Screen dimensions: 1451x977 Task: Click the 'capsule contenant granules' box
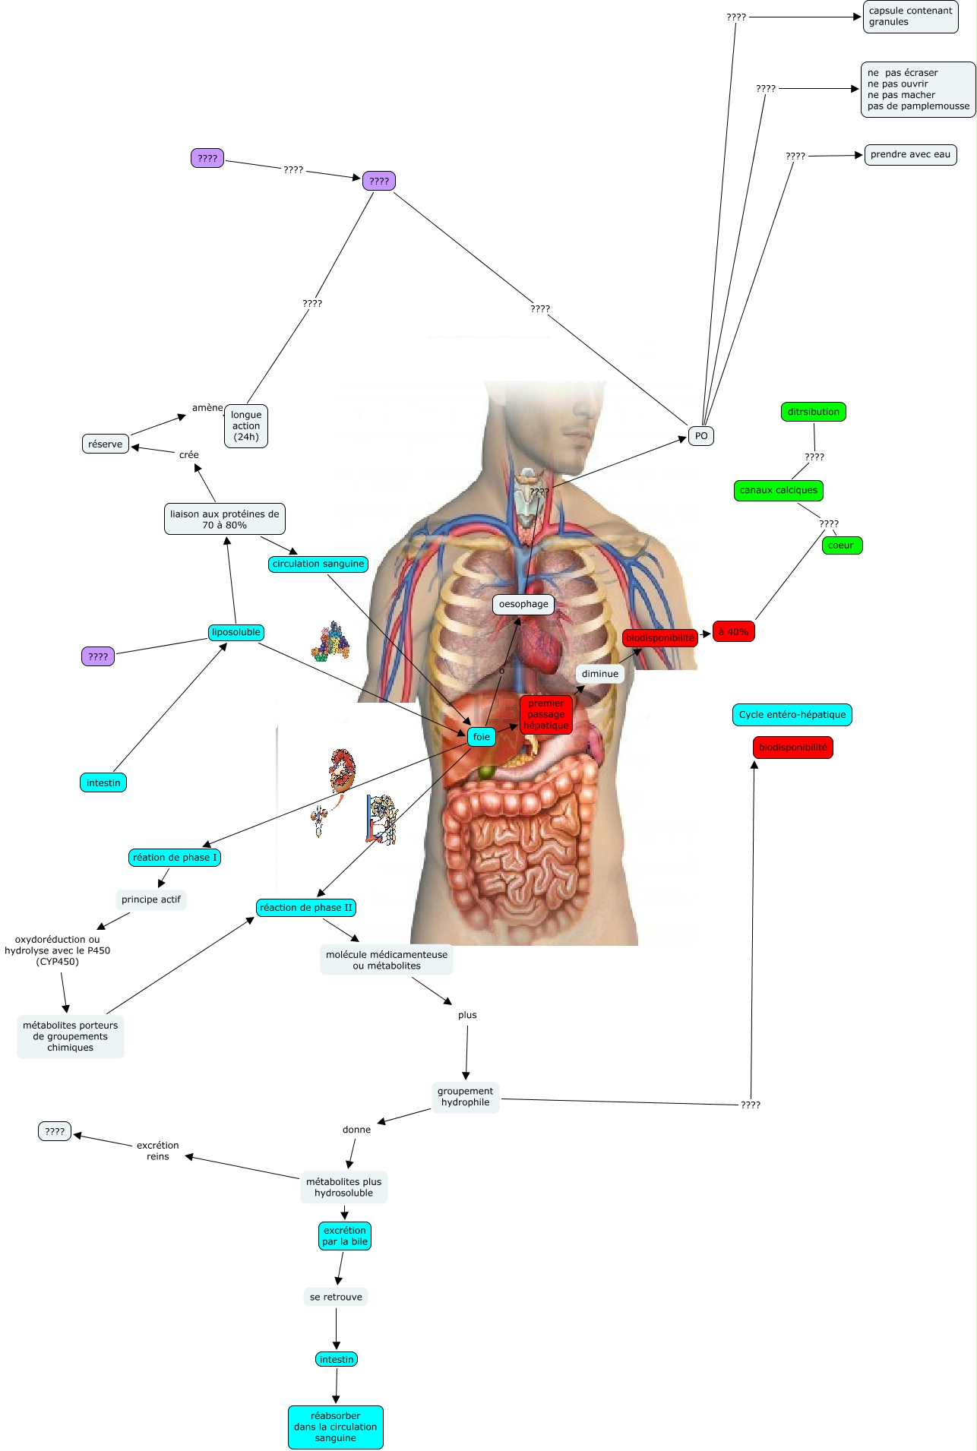click(910, 17)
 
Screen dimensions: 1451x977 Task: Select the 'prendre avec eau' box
click(910, 155)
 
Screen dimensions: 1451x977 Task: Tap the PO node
click(700, 436)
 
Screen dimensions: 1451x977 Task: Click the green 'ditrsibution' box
click(813, 412)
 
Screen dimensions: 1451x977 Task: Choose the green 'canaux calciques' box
click(779, 491)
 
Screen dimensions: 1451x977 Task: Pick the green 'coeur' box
click(841, 545)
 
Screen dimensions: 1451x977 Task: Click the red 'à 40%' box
click(733, 631)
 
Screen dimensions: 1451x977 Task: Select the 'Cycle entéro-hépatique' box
click(792, 715)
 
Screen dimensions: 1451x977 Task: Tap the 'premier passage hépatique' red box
click(545, 714)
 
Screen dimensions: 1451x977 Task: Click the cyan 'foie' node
click(482, 736)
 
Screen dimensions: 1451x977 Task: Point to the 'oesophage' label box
click(523, 605)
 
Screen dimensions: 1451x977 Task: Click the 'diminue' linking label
click(599, 674)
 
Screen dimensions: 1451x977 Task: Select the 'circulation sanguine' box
click(318, 564)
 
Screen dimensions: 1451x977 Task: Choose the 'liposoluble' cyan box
click(236, 632)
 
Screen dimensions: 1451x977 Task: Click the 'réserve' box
click(105, 444)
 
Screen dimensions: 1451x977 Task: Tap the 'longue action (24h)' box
click(246, 426)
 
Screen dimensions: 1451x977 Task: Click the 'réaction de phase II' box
click(305, 908)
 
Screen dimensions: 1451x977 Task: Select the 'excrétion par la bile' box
click(344, 1236)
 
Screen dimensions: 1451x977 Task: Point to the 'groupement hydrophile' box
click(465, 1097)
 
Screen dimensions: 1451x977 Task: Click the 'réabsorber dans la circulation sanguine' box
click(335, 1427)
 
